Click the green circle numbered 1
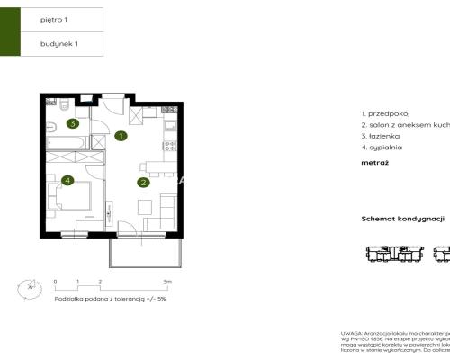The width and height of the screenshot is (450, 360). point(121,136)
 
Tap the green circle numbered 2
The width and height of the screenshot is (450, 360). point(143,183)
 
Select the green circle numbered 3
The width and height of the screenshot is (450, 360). point(71,124)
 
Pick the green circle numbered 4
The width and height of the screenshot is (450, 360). point(68,181)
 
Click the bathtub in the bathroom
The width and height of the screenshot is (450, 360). point(66,142)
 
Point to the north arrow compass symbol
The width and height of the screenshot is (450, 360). point(29,288)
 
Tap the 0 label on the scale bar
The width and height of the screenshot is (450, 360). point(55,282)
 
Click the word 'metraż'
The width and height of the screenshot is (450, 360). point(373,164)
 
